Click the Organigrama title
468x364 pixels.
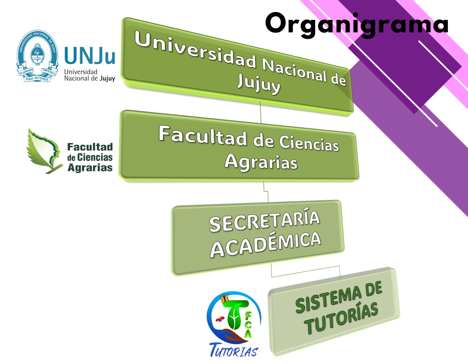coord(357,25)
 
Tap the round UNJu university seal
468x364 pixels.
coord(37,56)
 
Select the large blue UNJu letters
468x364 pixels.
coord(90,55)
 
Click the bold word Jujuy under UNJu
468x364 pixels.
coord(107,79)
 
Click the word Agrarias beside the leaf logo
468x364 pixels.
coord(90,168)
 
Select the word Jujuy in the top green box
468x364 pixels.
coord(259,85)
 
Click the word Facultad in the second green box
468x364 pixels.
coord(202,135)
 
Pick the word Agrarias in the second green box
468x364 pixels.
coord(261,162)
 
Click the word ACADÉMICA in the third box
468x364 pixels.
coord(265,244)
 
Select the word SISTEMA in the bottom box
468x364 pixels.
coord(328,300)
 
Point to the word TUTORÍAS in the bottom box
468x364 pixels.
coord(341,318)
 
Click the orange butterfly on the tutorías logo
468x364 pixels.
coord(224,299)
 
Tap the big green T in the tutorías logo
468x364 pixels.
coord(235,315)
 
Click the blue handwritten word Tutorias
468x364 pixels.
coord(234,350)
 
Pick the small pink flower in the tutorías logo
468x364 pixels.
coord(220,318)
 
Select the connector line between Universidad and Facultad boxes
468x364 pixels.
coord(261,112)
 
